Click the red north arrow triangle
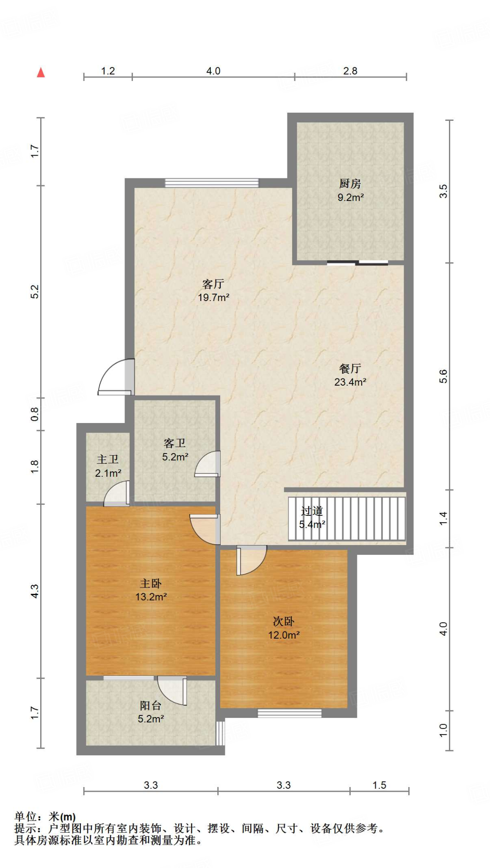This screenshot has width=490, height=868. [41, 72]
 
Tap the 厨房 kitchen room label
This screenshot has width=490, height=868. [350, 184]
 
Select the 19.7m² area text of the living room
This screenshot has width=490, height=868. [213, 298]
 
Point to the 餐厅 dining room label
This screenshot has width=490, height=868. [350, 368]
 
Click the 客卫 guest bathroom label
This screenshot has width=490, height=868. [174, 443]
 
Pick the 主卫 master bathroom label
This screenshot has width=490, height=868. [108, 459]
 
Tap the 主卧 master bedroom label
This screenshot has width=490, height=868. [151, 584]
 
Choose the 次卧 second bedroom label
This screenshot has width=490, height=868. [283, 621]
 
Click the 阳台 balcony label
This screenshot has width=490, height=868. [151, 705]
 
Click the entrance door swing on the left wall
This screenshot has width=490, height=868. [116, 377]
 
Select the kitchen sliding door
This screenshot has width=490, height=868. [357, 263]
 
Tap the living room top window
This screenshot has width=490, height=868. [211, 183]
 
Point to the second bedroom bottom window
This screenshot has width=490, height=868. [290, 713]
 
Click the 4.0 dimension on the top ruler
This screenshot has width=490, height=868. [213, 71]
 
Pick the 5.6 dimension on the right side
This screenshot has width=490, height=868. [443, 376]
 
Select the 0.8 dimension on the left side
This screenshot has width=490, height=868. [35, 414]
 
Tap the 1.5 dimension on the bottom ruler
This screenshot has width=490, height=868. [379, 785]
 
